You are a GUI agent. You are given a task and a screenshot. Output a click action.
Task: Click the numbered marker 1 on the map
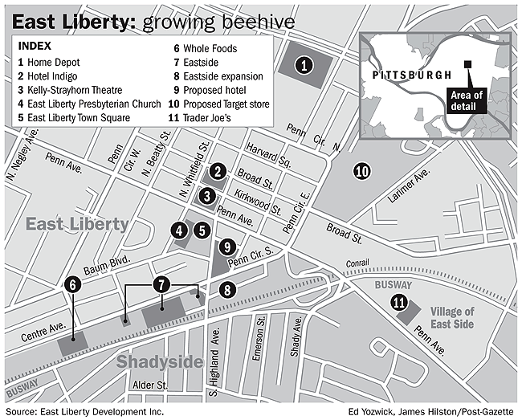tap(303, 67)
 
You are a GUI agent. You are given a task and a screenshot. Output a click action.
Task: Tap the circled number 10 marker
tap(361, 170)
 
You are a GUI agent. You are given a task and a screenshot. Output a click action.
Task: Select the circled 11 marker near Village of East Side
tap(399, 302)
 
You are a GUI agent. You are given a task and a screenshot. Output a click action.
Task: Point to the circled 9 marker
tap(227, 247)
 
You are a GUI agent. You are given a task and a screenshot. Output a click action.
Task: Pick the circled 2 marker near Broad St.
tap(217, 171)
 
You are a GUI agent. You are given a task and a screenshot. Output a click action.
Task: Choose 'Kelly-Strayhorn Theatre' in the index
tap(71, 91)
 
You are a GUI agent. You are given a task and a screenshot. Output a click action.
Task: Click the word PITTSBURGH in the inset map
tap(408, 75)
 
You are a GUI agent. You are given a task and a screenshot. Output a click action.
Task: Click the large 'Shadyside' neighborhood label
tap(160, 361)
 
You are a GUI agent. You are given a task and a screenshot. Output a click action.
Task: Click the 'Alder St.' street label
tap(150, 385)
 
